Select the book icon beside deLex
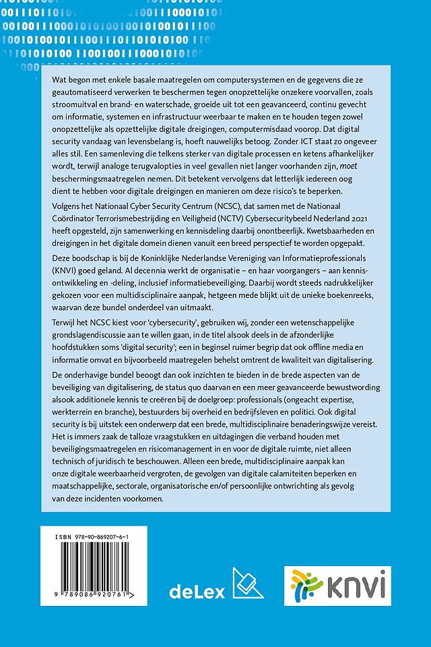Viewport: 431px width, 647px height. [x=247, y=584]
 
